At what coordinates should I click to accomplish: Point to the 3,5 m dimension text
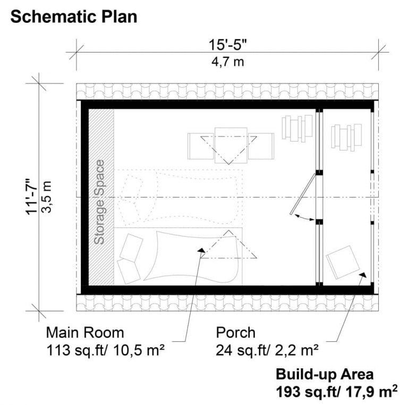[x=48, y=196]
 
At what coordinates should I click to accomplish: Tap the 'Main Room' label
[x=85, y=333]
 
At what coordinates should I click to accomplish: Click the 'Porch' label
[x=235, y=333]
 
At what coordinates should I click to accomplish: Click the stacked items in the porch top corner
[x=343, y=136]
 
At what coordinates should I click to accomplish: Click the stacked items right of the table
[x=297, y=128]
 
